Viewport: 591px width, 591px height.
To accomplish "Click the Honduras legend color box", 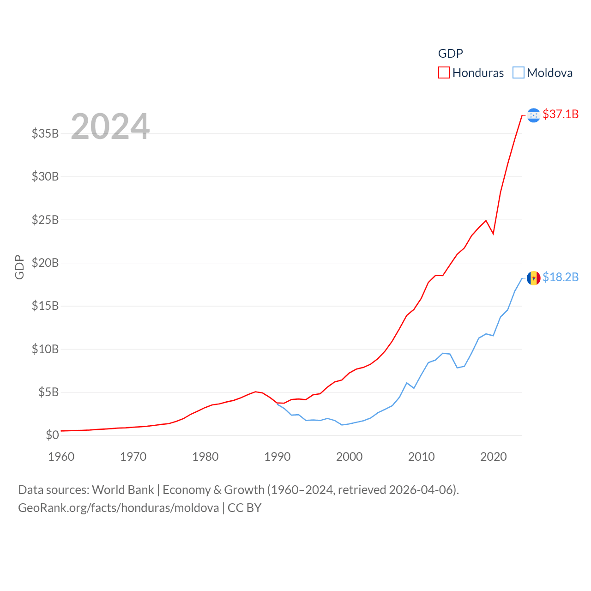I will (444, 73).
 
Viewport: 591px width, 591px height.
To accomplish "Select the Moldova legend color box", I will (519, 73).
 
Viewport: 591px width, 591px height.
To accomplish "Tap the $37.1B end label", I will (561, 114).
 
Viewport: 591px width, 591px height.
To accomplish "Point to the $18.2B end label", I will (561, 277).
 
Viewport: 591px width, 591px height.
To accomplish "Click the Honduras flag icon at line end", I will (533, 115).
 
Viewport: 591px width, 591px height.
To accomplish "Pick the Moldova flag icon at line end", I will (533, 278).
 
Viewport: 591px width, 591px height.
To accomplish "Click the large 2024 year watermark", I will (110, 127).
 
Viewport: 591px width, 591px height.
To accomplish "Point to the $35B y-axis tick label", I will (45, 133).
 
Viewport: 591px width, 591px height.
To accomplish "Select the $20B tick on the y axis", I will (45, 263).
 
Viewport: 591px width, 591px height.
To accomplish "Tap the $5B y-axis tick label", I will (48, 392).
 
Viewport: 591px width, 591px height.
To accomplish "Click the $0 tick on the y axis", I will (52, 435).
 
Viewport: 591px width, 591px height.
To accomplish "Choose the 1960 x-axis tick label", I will (61, 457).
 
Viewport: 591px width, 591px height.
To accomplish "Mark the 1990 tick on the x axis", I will (277, 457).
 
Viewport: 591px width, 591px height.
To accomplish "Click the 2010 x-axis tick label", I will (422, 457).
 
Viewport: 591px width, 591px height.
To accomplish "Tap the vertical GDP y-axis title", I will (19, 267).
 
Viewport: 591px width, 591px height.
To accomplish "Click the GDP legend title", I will (450, 54).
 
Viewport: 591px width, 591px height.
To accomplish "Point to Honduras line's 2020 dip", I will (493, 233).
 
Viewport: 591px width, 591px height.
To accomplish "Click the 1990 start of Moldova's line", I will (277, 404).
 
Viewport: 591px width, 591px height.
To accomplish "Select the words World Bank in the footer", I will (123, 489).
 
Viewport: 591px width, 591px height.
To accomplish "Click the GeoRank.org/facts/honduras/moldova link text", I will (119, 508).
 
